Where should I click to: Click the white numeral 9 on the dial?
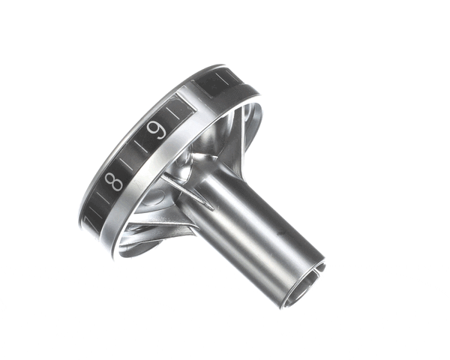coord(157,131)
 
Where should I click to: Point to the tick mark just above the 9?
coord(175,112)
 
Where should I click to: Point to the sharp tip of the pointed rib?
coord(162,178)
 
